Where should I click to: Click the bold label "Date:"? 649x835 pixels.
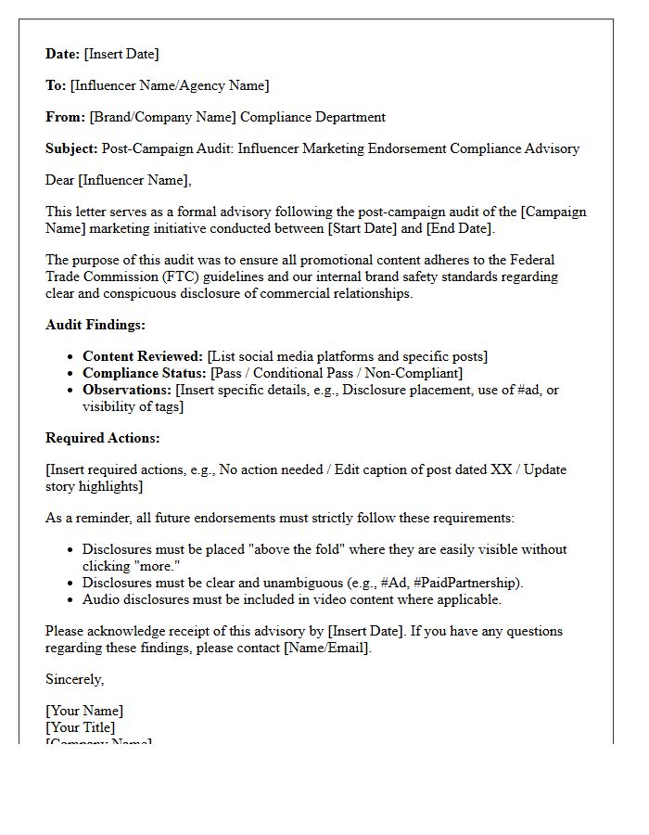point(63,54)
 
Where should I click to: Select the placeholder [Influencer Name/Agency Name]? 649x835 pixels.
point(170,85)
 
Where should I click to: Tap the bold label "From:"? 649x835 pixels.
point(65,117)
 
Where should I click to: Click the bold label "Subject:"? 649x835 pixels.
point(71,148)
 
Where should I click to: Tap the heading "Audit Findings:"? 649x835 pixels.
point(95,325)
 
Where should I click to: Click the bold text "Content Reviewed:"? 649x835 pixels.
point(143,356)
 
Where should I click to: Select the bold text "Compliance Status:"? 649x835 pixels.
point(145,373)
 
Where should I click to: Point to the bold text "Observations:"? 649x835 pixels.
point(127,390)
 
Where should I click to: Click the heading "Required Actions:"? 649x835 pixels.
point(102,438)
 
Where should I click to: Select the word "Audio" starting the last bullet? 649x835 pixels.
point(100,599)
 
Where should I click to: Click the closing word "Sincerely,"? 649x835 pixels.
point(75,679)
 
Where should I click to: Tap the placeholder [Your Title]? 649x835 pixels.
point(81,727)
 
